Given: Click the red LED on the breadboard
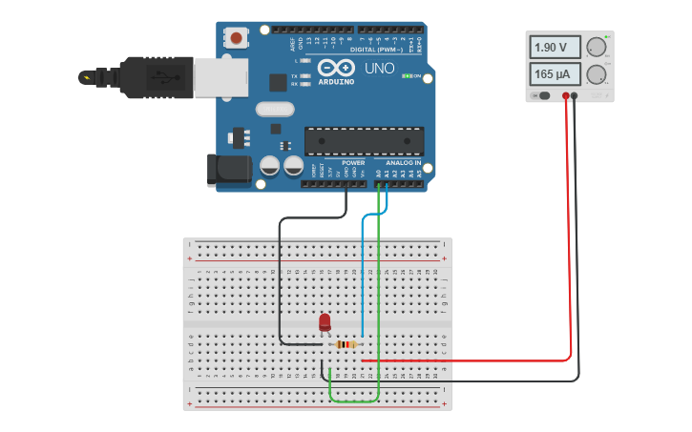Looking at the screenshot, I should point(325,322).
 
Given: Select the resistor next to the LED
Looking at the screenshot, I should point(346,344).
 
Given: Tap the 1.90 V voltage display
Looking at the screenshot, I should point(556,48).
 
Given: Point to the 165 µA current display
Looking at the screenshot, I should point(556,74).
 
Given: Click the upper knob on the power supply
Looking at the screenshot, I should point(597,48).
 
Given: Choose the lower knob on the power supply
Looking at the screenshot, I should point(597,74).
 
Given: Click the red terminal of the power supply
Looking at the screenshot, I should point(566,95).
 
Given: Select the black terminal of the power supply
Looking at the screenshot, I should point(576,95).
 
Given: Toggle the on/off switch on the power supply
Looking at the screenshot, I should point(542,95).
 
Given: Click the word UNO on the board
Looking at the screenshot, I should point(378,70).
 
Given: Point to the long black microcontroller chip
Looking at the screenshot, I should point(364,140).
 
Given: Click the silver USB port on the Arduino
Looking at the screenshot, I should point(221,76).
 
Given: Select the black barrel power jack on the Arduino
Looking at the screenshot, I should point(229,170).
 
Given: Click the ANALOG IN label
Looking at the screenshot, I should point(402,163).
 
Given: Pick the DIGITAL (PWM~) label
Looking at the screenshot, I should point(376,49).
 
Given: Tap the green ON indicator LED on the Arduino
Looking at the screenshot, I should point(408,76).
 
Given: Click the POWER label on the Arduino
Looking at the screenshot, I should point(352,163).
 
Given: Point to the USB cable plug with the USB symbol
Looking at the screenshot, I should point(157,76).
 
